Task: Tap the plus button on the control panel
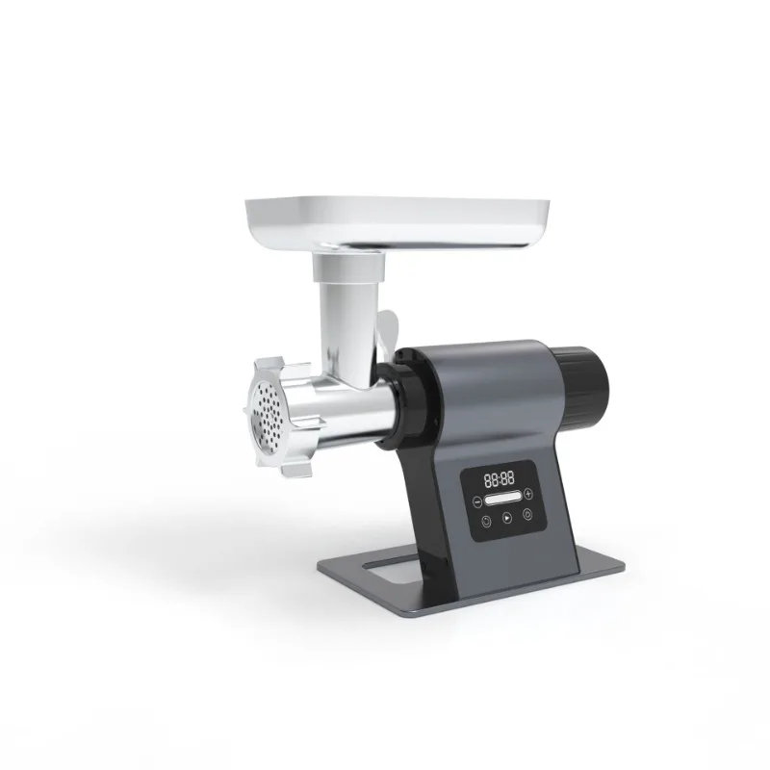[x=528, y=496]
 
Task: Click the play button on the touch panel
[x=507, y=518]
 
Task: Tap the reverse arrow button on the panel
[x=486, y=519]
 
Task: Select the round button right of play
[x=527, y=515]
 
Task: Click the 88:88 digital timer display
[x=498, y=478]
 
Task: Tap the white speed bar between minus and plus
[x=507, y=499]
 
